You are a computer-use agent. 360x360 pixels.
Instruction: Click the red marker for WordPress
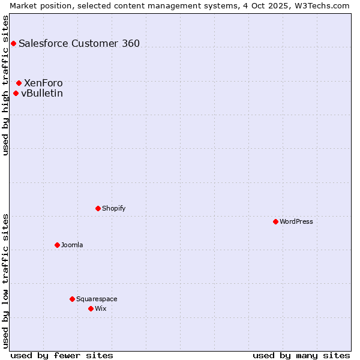click(275, 221)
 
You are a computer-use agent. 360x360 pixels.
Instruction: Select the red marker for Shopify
click(98, 208)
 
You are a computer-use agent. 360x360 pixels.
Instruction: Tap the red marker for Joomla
click(57, 245)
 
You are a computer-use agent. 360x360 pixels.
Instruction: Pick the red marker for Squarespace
click(72, 299)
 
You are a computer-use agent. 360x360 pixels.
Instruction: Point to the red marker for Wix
click(91, 308)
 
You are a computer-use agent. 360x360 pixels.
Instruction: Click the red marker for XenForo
click(19, 83)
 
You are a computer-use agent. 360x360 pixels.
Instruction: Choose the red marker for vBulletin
click(16, 93)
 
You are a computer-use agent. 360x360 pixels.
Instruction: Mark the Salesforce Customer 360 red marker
click(13, 43)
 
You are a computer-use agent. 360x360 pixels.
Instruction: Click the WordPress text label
click(296, 221)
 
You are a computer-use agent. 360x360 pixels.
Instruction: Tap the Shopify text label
click(114, 208)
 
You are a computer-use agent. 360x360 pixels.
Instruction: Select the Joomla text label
click(72, 245)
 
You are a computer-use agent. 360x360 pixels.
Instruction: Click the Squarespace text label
click(97, 299)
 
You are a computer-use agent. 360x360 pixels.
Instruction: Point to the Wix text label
click(100, 308)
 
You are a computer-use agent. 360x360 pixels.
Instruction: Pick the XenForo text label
click(43, 83)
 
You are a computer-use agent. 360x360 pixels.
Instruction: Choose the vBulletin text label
click(42, 93)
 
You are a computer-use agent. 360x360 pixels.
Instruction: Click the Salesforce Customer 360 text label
click(79, 43)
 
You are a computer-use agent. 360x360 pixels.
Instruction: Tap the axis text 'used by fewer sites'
click(62, 355)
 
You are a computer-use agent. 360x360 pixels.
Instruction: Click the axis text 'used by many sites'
click(301, 355)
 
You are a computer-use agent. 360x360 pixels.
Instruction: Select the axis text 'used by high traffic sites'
click(6, 85)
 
